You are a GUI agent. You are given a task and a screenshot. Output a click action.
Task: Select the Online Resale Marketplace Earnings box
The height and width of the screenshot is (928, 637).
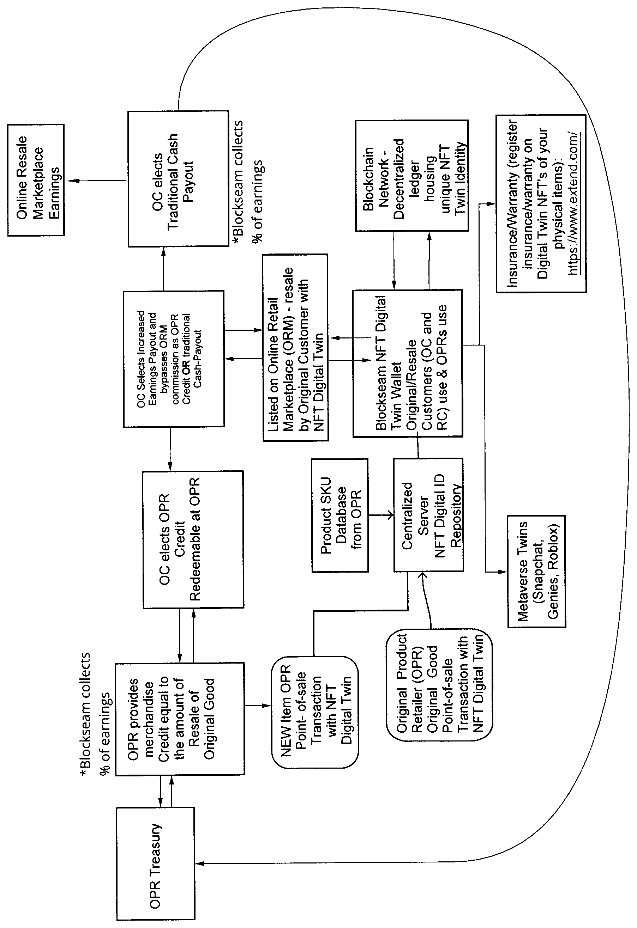pos(36,180)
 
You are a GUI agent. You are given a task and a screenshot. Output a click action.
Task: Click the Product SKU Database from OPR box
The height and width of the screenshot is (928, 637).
pos(340,515)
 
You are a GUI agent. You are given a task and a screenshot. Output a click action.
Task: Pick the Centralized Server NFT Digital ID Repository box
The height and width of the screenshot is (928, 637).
pos(429,515)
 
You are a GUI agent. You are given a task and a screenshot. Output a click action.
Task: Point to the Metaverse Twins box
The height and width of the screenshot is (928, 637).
pos(537,572)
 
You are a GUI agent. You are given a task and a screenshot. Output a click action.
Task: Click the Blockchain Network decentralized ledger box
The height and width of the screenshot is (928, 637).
pos(412,176)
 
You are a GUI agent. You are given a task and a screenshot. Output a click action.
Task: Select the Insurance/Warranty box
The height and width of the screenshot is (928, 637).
pos(541,204)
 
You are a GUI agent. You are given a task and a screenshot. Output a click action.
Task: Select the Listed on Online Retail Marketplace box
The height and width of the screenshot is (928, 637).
pos(295,347)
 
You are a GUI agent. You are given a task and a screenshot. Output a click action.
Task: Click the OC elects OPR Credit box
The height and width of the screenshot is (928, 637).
pos(193,539)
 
